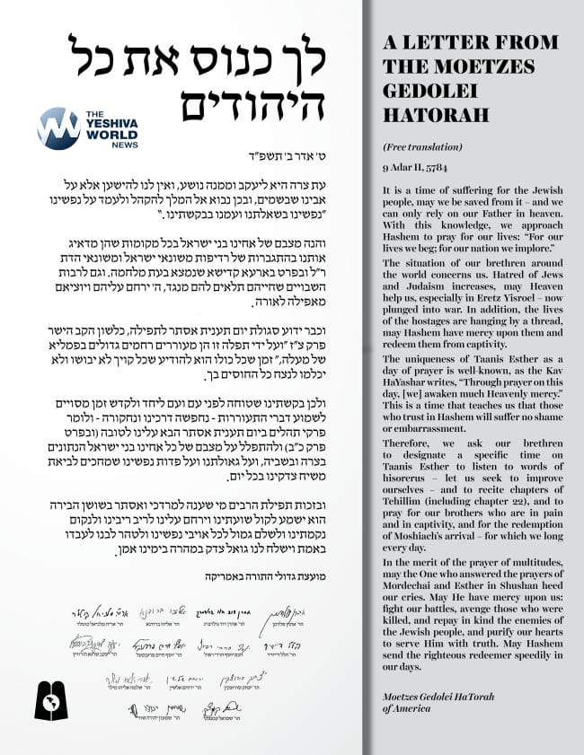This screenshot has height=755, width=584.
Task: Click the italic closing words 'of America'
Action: click(x=407, y=709)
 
